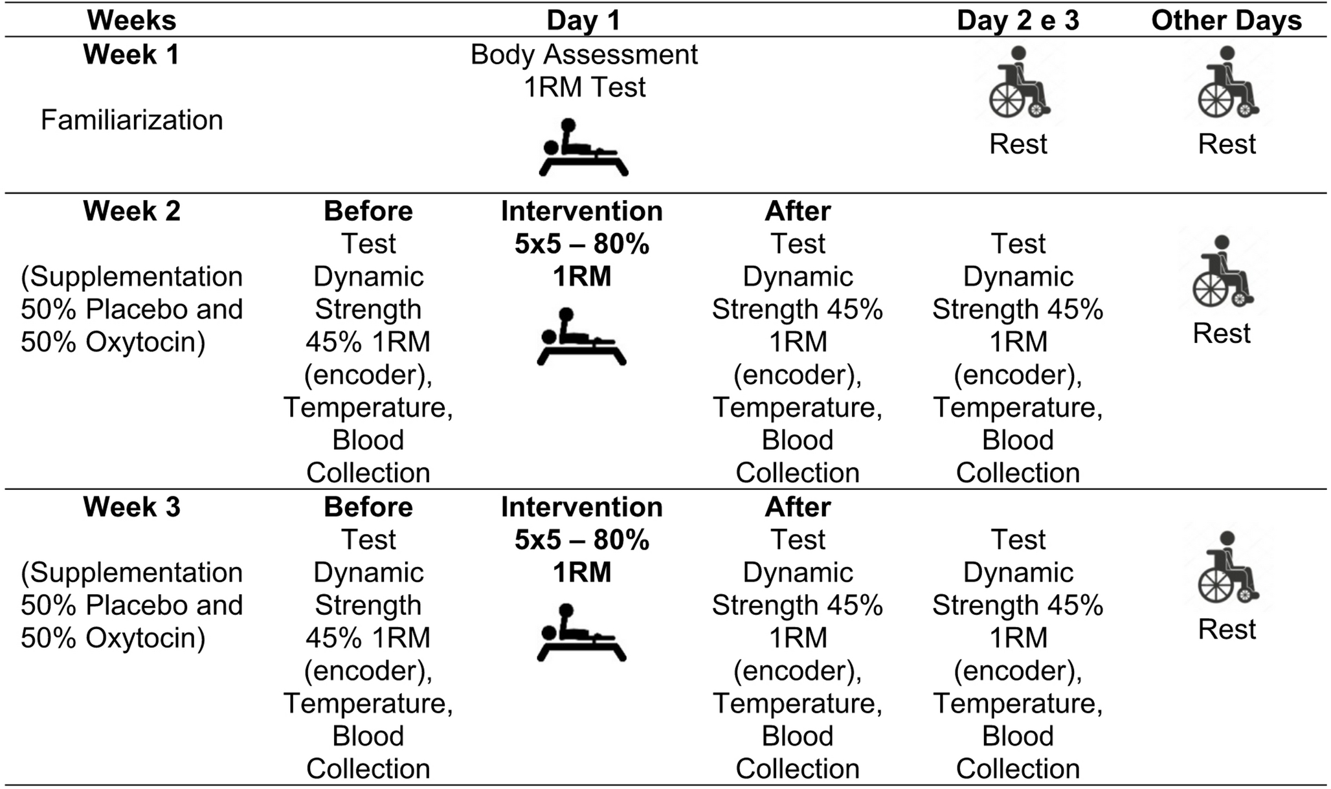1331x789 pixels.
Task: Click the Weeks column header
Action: (x=131, y=21)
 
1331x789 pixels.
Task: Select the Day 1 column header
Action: (x=583, y=21)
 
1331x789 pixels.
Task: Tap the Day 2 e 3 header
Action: (x=1018, y=21)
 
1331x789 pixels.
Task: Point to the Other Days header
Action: (x=1226, y=21)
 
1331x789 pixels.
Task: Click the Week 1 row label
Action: (x=131, y=54)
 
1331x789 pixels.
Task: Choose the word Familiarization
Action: (x=131, y=120)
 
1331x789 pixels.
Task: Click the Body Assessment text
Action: (x=584, y=55)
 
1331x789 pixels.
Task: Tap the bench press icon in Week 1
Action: (x=583, y=148)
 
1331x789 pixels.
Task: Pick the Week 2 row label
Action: (x=131, y=211)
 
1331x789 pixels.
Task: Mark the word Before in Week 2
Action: (x=368, y=211)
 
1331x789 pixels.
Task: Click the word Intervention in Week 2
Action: (x=581, y=211)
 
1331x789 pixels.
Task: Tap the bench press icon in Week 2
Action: (x=581, y=337)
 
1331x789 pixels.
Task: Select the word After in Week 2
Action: (x=798, y=211)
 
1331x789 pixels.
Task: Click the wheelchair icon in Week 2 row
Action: (x=1222, y=272)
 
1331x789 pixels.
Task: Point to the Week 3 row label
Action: (x=131, y=507)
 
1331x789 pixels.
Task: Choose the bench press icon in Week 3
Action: (x=581, y=633)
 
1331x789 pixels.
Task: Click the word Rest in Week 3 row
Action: (x=1227, y=629)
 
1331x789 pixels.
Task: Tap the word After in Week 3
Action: (x=798, y=507)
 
